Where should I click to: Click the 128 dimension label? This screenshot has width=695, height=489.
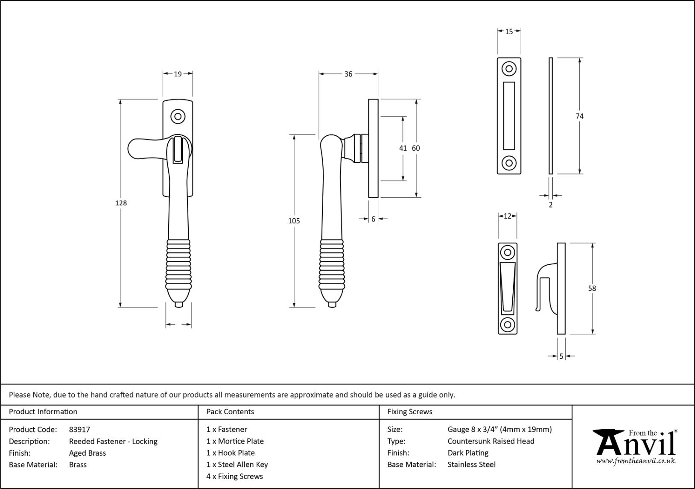tap(121, 203)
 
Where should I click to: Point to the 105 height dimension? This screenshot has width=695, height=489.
tap(294, 221)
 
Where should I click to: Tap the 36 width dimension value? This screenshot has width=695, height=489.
tap(348, 74)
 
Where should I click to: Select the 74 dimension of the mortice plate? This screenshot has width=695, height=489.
tap(579, 116)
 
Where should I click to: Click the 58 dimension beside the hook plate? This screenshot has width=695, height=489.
tap(592, 288)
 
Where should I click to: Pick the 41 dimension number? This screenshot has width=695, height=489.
tap(403, 148)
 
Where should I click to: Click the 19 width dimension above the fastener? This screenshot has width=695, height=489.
tap(178, 74)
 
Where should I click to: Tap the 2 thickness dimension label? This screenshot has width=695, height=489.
tap(551, 205)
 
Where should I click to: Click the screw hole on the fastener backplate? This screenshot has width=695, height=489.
tap(178, 116)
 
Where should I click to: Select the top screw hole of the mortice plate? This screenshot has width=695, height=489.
tap(509, 69)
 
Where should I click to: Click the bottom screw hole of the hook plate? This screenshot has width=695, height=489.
tap(508, 325)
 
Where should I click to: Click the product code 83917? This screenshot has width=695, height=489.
tap(79, 430)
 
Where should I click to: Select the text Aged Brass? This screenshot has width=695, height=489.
tap(88, 453)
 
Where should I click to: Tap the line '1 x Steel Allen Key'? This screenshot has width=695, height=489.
tap(237, 465)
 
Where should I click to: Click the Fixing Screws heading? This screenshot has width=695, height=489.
tap(410, 412)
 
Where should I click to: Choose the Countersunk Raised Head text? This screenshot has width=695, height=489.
tap(491, 441)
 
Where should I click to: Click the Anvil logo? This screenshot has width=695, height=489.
tap(636, 444)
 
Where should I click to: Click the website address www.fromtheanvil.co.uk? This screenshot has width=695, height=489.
tap(636, 461)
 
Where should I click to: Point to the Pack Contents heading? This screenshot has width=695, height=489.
tap(230, 412)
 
